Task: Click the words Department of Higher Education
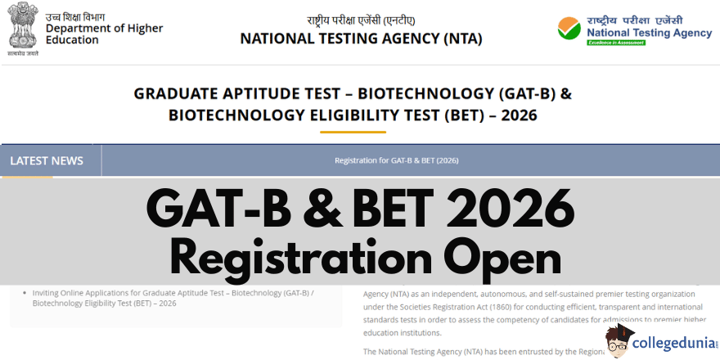point(104,34)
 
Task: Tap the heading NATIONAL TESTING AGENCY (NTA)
point(361,38)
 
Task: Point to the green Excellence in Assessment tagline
point(615,43)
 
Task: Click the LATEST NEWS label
point(47,160)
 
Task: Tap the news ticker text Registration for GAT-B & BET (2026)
point(397,160)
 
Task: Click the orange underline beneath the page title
point(353,131)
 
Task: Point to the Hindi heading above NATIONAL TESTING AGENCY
point(361,20)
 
